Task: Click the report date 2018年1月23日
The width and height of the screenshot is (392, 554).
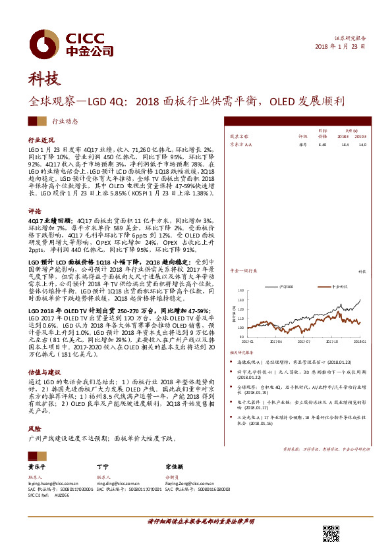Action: point(341,47)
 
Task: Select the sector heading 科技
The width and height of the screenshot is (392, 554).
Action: point(44,80)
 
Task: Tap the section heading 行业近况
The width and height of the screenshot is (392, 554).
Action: point(40,141)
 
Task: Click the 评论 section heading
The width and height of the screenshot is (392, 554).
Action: point(34,211)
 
